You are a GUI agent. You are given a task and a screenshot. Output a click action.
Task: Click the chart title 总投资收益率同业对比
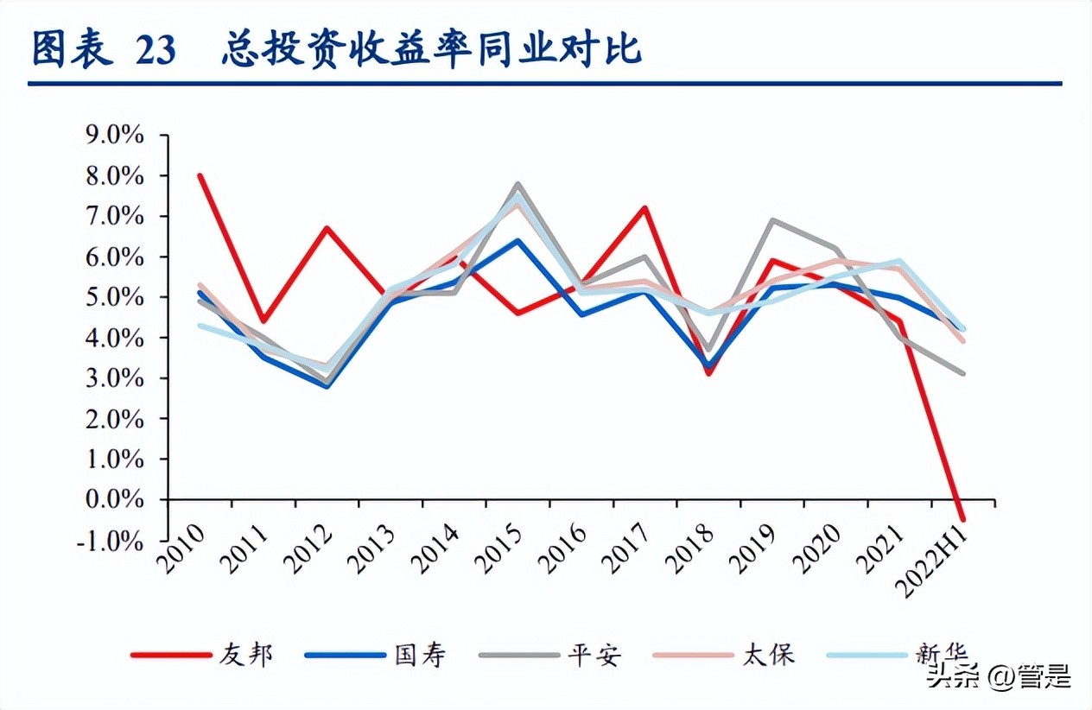(x=431, y=48)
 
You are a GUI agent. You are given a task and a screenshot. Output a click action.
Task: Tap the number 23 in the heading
(x=156, y=50)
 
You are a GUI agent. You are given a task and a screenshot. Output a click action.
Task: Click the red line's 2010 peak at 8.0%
(x=200, y=175)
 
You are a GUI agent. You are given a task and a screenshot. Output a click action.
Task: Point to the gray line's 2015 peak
(x=517, y=184)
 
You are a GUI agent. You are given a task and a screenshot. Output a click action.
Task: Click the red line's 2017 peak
(x=644, y=208)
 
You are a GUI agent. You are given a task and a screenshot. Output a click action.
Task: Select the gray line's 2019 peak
(x=771, y=220)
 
